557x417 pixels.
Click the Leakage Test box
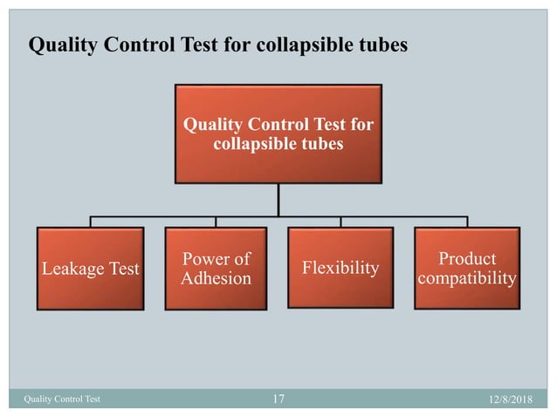pos(91,268)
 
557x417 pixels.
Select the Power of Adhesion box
pos(216,268)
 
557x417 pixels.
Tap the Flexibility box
pos(340,268)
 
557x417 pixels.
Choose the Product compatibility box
pos(466,268)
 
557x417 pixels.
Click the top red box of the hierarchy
pos(278,133)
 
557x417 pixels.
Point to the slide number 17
pos(278,400)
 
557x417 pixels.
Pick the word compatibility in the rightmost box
pos(466,278)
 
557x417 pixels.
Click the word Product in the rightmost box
pos(466,259)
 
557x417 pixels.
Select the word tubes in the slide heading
pos(382,44)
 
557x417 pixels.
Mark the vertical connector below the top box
pos(278,199)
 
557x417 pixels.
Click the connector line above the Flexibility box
pos(340,222)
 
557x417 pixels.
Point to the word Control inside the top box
pos(277,125)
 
